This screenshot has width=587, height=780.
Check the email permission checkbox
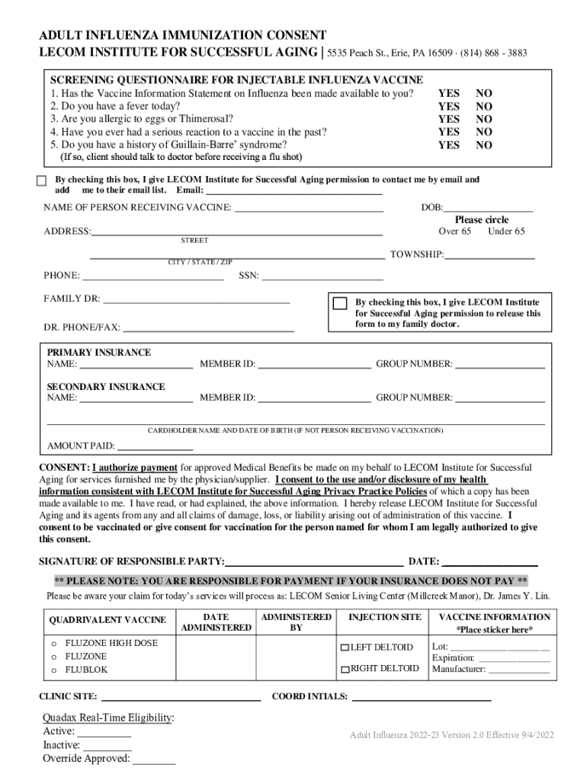coord(42,181)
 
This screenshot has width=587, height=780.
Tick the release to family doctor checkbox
coord(340,302)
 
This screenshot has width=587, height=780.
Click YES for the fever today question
coord(448,107)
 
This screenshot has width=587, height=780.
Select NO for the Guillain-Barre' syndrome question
coord(483,145)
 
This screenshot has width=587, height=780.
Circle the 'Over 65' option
coord(454,232)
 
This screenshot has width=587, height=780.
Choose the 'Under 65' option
coord(506,232)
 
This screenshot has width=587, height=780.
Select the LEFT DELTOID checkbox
coord(345,647)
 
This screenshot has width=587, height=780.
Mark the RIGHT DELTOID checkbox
coord(345,670)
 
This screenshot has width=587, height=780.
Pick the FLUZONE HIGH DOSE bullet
coord(53,643)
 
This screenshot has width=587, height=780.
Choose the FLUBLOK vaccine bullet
coord(53,670)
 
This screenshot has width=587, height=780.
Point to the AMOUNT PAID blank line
coord(155,447)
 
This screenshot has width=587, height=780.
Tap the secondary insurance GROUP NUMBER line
coord(500,399)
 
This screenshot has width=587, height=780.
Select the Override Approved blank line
coord(153,760)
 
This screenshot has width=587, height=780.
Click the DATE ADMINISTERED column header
coord(216,622)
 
